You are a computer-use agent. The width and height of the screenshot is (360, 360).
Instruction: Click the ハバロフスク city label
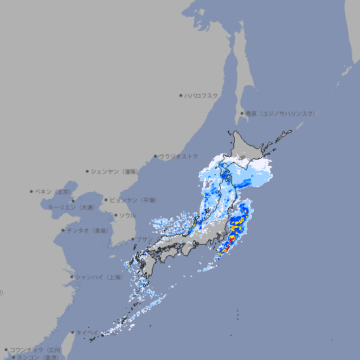[x=202, y=95]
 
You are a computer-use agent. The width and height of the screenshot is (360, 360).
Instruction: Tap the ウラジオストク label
[x=179, y=156]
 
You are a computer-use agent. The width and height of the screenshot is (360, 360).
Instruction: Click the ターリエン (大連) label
[x=70, y=207]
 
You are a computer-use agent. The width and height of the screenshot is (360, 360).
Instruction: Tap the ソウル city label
[x=127, y=215]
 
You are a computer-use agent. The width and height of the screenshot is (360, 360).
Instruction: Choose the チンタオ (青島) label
[x=88, y=230]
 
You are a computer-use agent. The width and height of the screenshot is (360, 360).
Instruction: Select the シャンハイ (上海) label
[x=98, y=277]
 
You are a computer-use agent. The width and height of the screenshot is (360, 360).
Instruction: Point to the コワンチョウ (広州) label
[x=35, y=349]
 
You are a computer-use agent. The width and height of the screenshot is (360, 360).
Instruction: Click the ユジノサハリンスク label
[x=280, y=113]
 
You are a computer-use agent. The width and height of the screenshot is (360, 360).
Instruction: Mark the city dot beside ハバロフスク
[x=181, y=95]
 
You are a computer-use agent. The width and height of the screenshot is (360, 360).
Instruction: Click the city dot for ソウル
[x=115, y=215]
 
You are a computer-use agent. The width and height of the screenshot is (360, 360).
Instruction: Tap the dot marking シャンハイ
[x=72, y=277]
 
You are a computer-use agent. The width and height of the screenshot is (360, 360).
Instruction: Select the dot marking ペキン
[x=32, y=191]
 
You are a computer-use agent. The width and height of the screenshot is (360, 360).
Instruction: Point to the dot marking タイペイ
[x=72, y=332]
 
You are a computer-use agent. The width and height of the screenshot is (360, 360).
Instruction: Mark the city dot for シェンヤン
[x=88, y=171]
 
